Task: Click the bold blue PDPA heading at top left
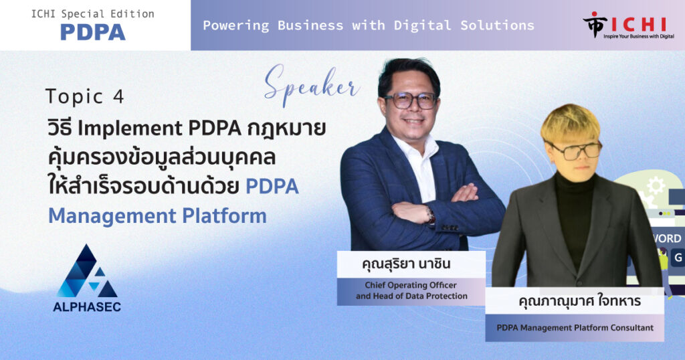[92, 32]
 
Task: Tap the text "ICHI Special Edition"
[92, 14]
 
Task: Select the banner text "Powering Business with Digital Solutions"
[369, 25]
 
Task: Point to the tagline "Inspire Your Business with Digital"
[639, 36]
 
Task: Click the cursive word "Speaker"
[312, 85]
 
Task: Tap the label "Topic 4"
[85, 96]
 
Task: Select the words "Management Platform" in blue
[157, 216]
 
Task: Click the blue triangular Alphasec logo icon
[87, 271]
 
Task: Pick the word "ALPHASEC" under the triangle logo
[87, 306]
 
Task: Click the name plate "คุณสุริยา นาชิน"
[406, 264]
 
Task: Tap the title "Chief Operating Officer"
[411, 285]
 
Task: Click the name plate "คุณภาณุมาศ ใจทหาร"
[580, 301]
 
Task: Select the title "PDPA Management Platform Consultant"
[575, 328]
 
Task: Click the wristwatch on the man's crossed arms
[431, 216]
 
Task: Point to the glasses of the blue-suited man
[411, 101]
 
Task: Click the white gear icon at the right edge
[656, 185]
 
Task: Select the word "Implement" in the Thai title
[130, 128]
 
